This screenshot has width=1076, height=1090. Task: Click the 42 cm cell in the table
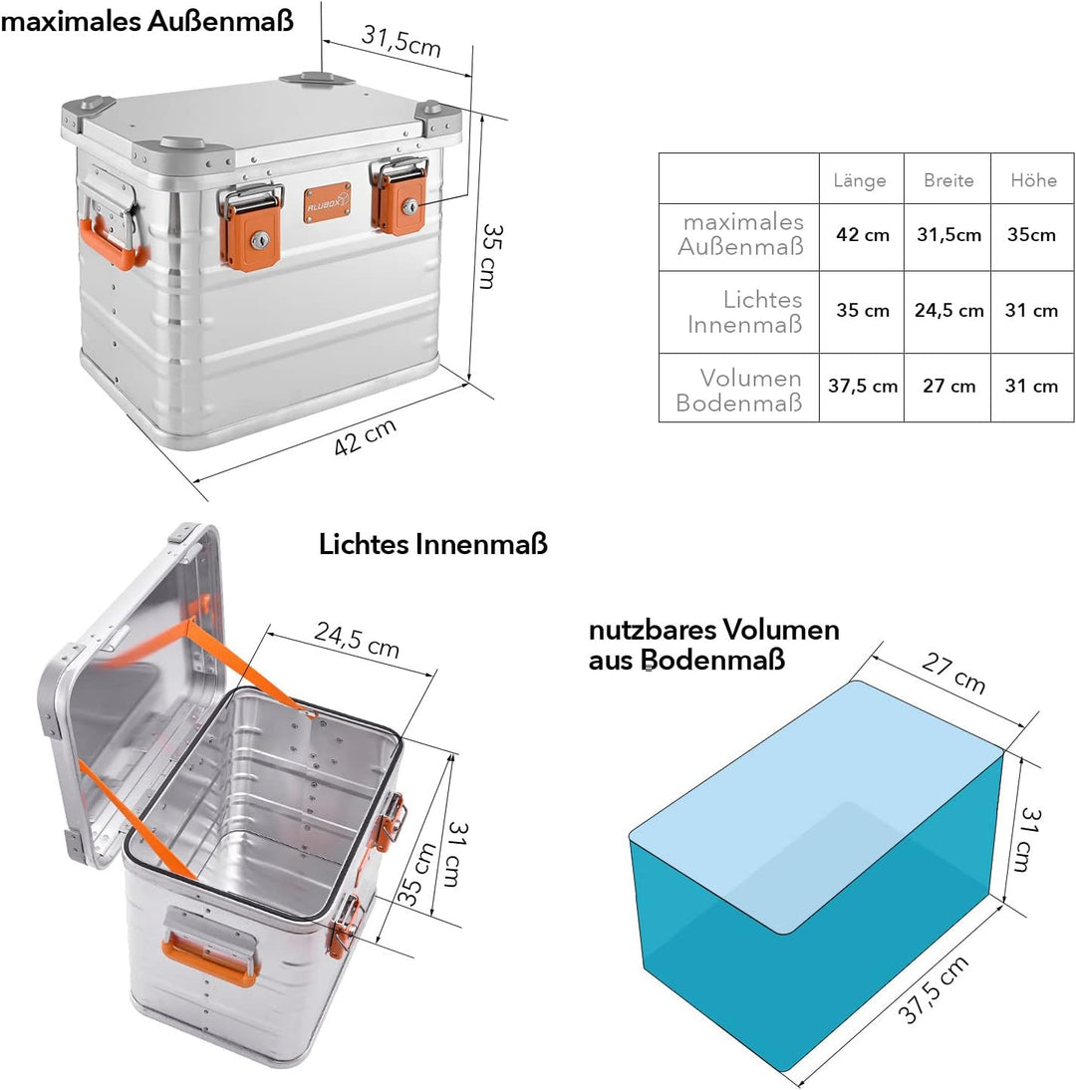[862, 235]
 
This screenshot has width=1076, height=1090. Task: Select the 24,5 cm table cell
[948, 310]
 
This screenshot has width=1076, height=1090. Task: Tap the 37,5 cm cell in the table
[862, 386]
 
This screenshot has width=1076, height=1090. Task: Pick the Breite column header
[948, 180]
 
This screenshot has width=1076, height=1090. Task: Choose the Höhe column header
[1033, 180]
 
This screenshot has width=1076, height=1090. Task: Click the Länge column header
[860, 180]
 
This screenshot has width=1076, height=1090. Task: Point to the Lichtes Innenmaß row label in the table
[744, 312]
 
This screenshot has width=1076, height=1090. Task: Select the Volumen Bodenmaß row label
[739, 390]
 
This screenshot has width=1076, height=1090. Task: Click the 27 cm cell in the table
[948, 386]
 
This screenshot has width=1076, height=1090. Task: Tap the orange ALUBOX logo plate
[327, 202]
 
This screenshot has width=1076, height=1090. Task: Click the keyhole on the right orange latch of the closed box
[409, 206]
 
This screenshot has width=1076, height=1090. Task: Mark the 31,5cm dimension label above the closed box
[402, 40]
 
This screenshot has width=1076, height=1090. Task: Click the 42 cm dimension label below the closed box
[365, 436]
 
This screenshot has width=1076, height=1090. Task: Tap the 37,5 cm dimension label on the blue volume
[933, 990]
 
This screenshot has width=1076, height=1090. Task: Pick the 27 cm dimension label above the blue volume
[953, 673]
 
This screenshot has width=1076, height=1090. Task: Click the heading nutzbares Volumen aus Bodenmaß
[714, 645]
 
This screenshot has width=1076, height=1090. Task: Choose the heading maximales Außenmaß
[146, 21]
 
